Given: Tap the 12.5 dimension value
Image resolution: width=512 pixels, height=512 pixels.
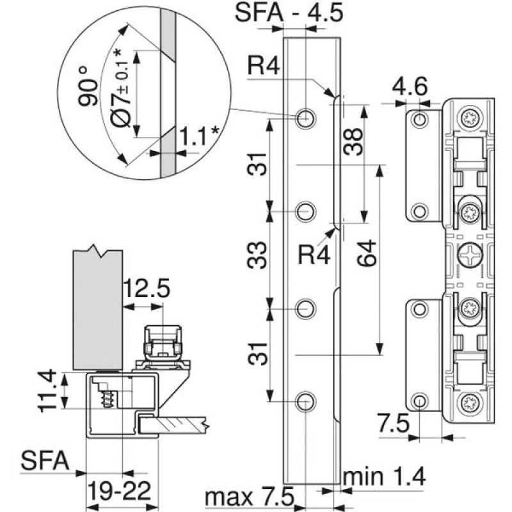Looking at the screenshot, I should [x=147, y=289].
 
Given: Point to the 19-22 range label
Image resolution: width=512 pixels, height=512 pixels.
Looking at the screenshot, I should [x=120, y=492].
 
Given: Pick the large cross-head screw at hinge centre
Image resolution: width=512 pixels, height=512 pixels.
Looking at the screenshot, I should [x=469, y=256].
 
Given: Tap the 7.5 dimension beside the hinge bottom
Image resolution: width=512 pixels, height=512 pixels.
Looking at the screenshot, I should [x=392, y=424].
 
